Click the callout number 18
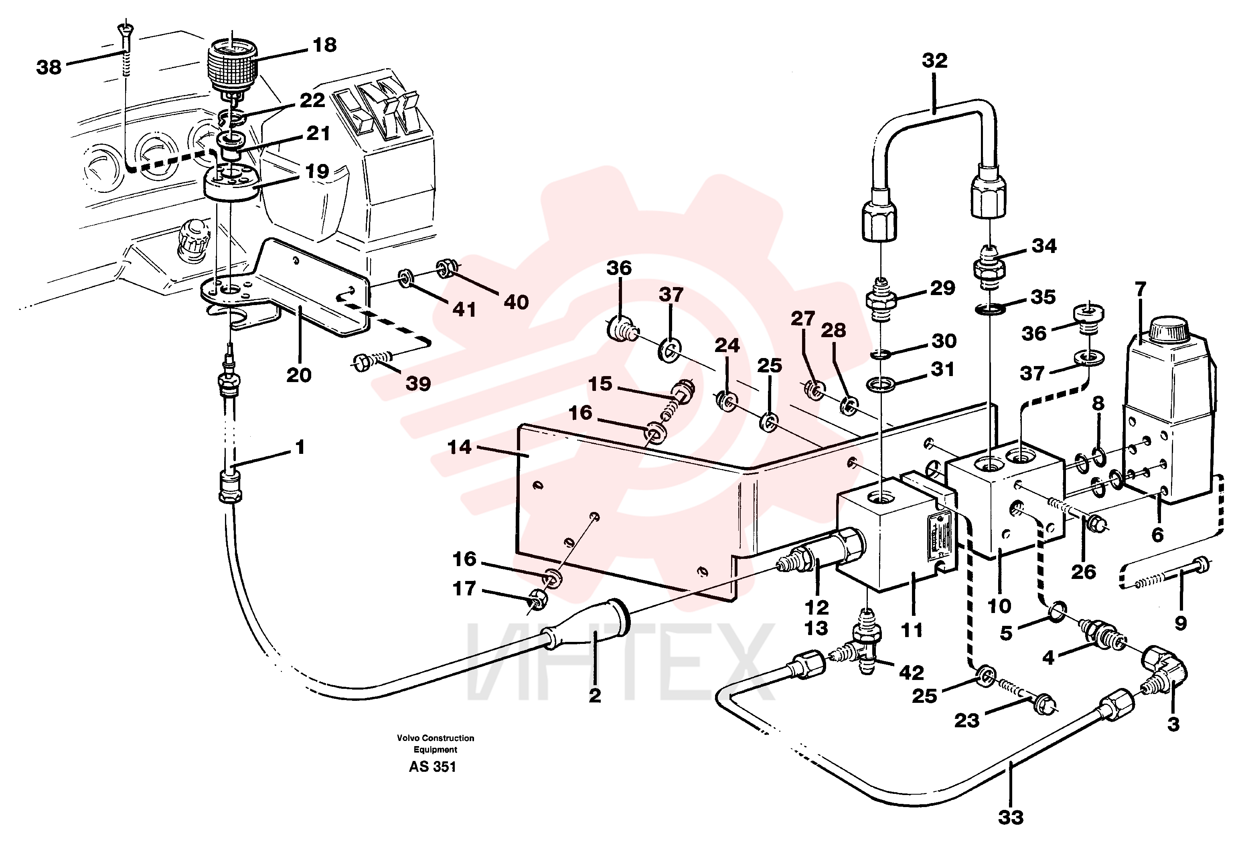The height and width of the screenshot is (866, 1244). point(324,45)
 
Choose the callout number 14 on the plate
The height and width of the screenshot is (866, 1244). point(460,447)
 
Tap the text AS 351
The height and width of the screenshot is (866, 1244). point(432,767)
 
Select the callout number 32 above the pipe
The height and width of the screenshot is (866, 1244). point(935,61)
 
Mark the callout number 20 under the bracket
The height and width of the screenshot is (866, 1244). point(298,375)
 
